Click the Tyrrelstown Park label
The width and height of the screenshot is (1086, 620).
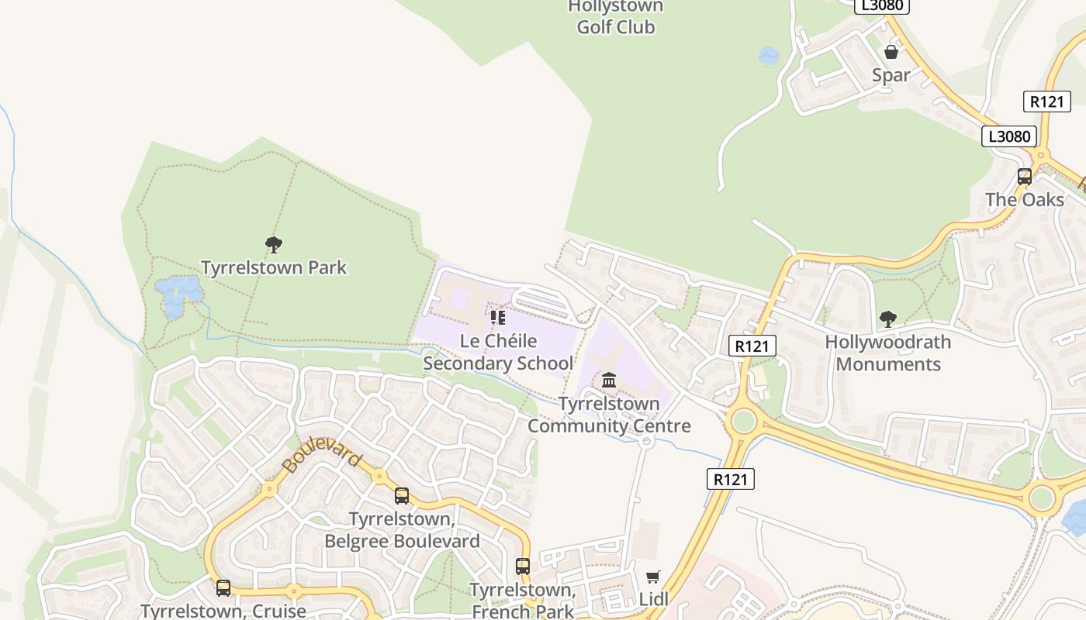(274, 267)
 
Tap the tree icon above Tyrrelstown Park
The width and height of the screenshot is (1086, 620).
(273, 245)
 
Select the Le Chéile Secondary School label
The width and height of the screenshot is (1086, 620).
(497, 353)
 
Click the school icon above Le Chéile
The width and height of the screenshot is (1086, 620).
(498, 318)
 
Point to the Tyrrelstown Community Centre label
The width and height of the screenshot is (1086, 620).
(609, 415)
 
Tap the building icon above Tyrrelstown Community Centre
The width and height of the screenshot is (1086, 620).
(609, 381)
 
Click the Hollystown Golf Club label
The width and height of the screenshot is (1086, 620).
(616, 17)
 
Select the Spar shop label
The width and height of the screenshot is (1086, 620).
(891, 75)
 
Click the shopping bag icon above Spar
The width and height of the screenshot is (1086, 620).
(891, 52)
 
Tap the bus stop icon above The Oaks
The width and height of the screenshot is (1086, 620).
(1025, 177)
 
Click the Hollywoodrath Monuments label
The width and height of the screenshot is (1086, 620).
(887, 353)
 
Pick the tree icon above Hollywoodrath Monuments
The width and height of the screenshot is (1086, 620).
(888, 319)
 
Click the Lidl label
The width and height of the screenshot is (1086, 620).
(653, 599)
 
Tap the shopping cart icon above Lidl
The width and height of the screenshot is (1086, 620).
(653, 577)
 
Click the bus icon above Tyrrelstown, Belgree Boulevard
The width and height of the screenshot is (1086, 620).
(402, 496)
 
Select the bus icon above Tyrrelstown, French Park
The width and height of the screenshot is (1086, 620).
(523, 567)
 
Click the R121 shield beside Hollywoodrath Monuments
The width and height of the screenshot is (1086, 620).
(752, 346)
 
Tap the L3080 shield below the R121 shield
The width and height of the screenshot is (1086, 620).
(1009, 136)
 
